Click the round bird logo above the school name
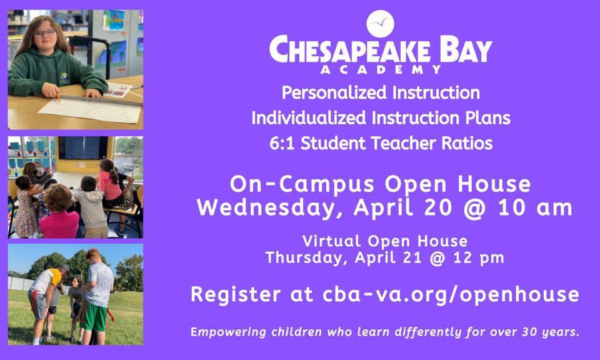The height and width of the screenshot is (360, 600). click(x=380, y=24)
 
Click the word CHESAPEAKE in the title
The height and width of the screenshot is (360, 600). click(x=350, y=49)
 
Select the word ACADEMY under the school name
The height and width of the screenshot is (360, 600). click(x=381, y=69)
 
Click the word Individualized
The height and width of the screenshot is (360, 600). click(x=309, y=118)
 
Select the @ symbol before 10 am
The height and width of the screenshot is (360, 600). click(x=474, y=209)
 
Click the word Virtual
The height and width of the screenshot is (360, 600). click(x=331, y=241)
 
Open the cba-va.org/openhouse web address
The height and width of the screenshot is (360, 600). click(x=451, y=294)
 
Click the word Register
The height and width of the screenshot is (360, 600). click(x=236, y=295)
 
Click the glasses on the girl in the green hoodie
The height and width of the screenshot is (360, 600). click(x=44, y=33)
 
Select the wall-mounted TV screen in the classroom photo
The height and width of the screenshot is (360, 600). click(x=82, y=147)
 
